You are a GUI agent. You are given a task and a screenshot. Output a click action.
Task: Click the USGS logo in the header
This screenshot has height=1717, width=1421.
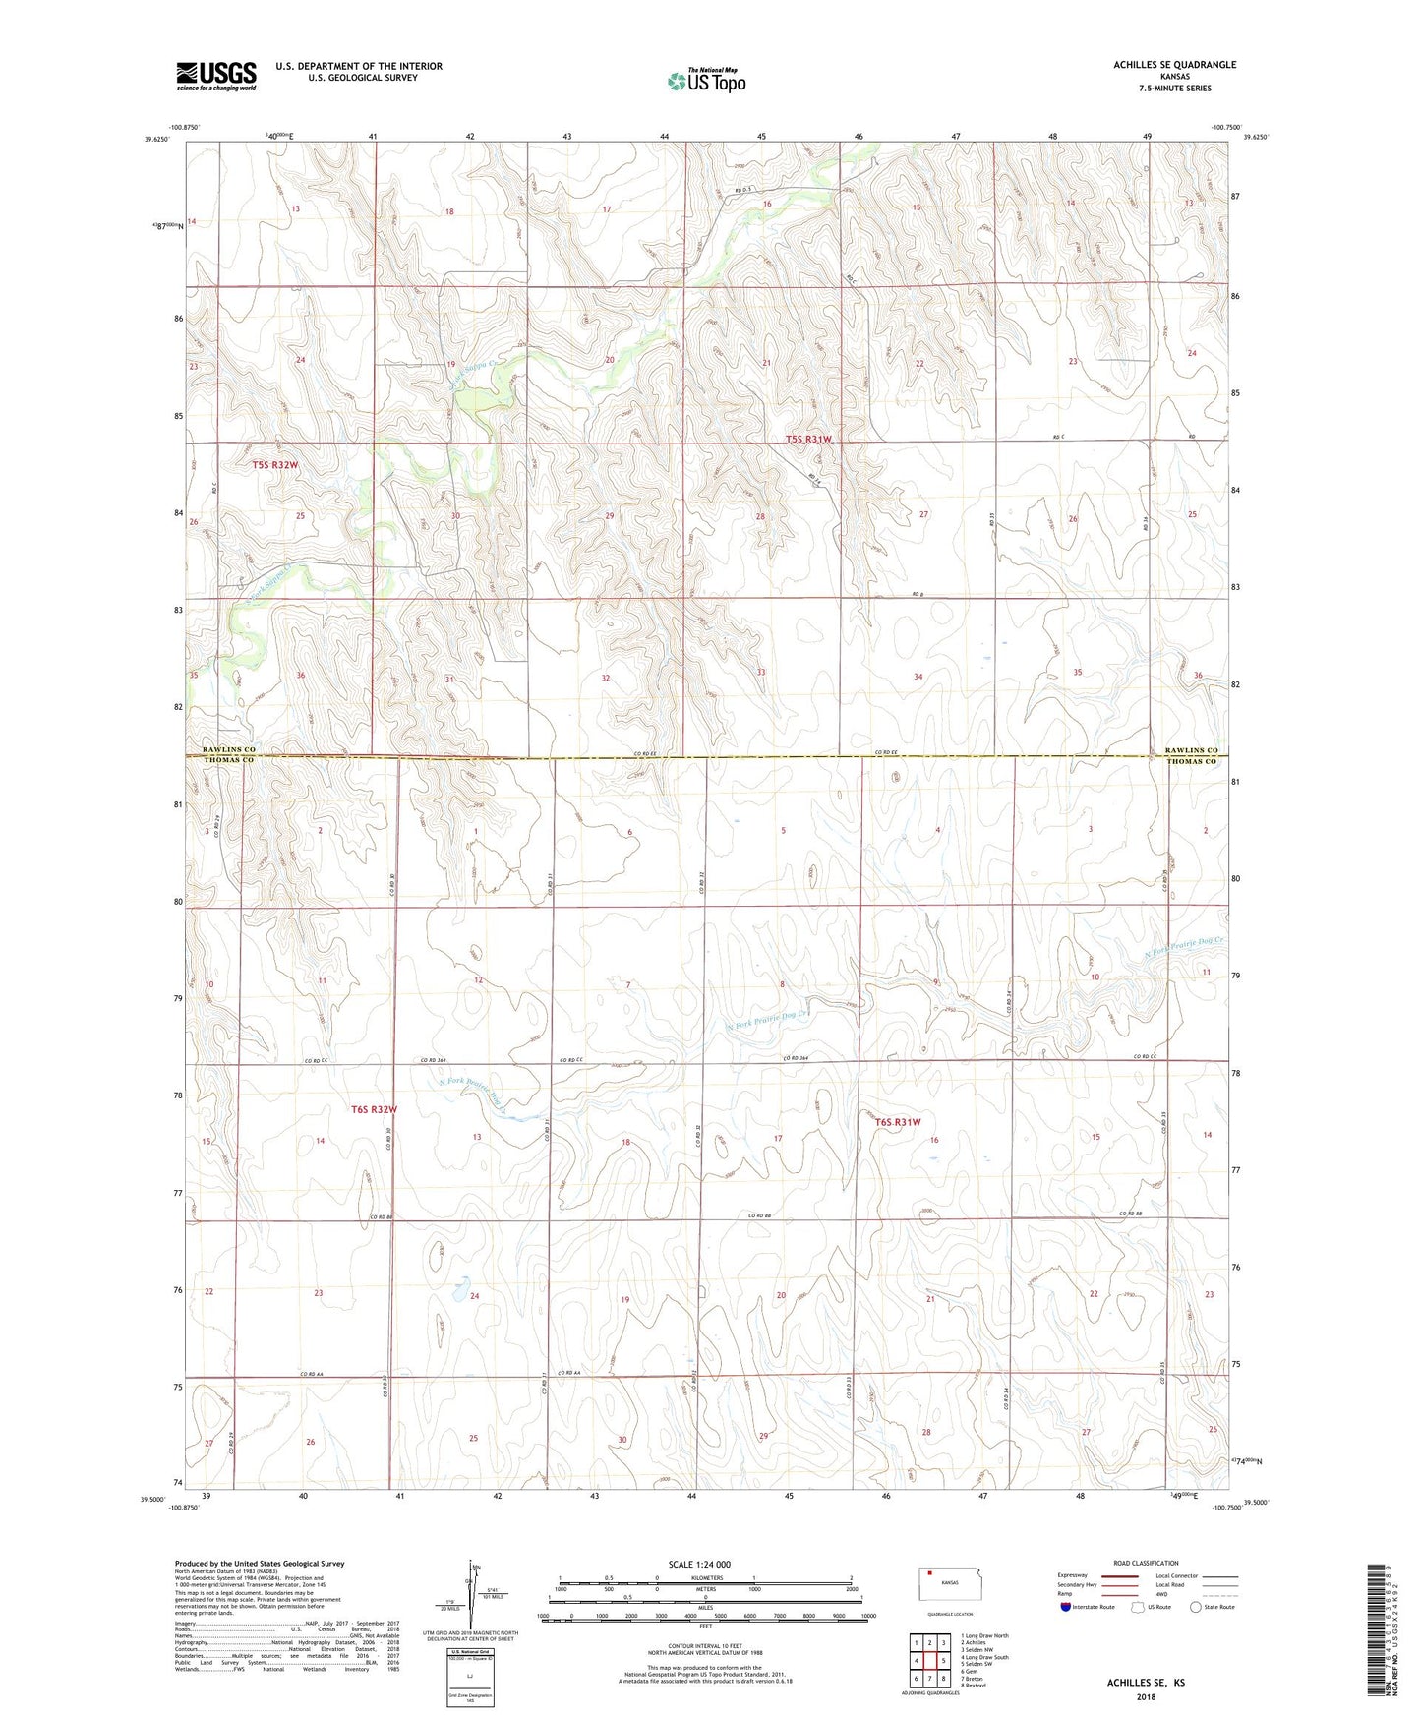215,76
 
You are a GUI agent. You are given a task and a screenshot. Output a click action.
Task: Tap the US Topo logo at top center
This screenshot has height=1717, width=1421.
706,81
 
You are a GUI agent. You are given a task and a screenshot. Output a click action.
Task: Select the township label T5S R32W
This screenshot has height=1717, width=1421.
274,464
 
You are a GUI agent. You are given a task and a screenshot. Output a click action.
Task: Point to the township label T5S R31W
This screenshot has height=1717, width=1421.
808,440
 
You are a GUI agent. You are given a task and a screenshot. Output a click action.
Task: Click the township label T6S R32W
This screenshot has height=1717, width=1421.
374,1109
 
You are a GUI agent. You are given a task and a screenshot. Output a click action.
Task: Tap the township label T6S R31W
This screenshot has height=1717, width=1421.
898,1122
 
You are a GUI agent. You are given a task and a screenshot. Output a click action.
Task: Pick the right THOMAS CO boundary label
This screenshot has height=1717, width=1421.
1192,762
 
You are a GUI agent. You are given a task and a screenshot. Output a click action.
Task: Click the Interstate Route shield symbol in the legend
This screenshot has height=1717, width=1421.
1066,1607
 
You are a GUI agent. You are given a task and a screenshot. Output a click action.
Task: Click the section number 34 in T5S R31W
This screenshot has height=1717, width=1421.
918,677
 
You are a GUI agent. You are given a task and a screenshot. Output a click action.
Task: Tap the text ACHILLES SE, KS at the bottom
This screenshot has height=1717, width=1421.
1146,1683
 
